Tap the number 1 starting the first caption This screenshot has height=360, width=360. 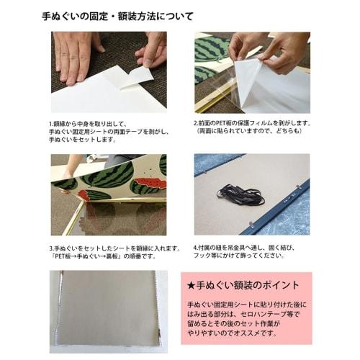click(51, 123)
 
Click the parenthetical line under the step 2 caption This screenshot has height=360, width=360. click(248, 132)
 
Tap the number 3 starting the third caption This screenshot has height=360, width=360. click(51, 247)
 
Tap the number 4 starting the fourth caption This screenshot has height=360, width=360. click(195, 247)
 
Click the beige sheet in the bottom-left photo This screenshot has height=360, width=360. click(108, 310)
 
